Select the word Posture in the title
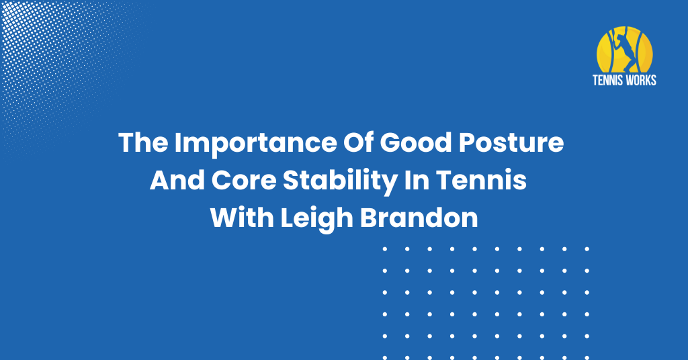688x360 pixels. pyautogui.click(x=511, y=142)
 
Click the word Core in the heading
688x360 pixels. pyautogui.click(x=243, y=180)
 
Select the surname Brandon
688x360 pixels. pyautogui.click(x=419, y=218)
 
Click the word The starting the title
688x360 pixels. pyautogui.click(x=143, y=142)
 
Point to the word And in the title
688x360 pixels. pyautogui.click(x=177, y=180)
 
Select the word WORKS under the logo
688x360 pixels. pyautogui.click(x=640, y=80)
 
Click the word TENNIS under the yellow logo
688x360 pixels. pyautogui.click(x=607, y=80)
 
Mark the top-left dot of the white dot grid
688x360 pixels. pyautogui.click(x=385, y=249)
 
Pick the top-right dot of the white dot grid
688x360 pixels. pyautogui.click(x=587, y=249)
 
